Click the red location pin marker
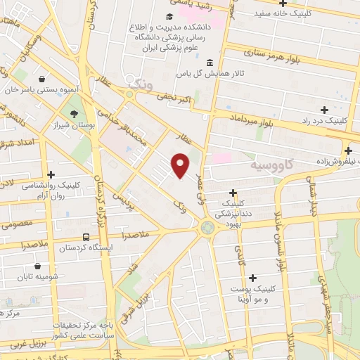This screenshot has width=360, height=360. [x=181, y=164]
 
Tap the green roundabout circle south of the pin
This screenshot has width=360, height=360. [x=207, y=227]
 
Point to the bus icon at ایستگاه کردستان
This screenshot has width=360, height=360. [x=85, y=238]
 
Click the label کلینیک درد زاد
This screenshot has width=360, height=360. [x=324, y=120]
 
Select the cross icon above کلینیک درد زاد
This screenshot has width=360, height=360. [x=324, y=110]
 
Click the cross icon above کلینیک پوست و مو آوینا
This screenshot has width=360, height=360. [x=252, y=278]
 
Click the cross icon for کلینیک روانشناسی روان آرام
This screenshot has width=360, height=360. [x=51, y=174]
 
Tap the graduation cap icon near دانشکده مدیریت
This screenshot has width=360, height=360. [x=169, y=17]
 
